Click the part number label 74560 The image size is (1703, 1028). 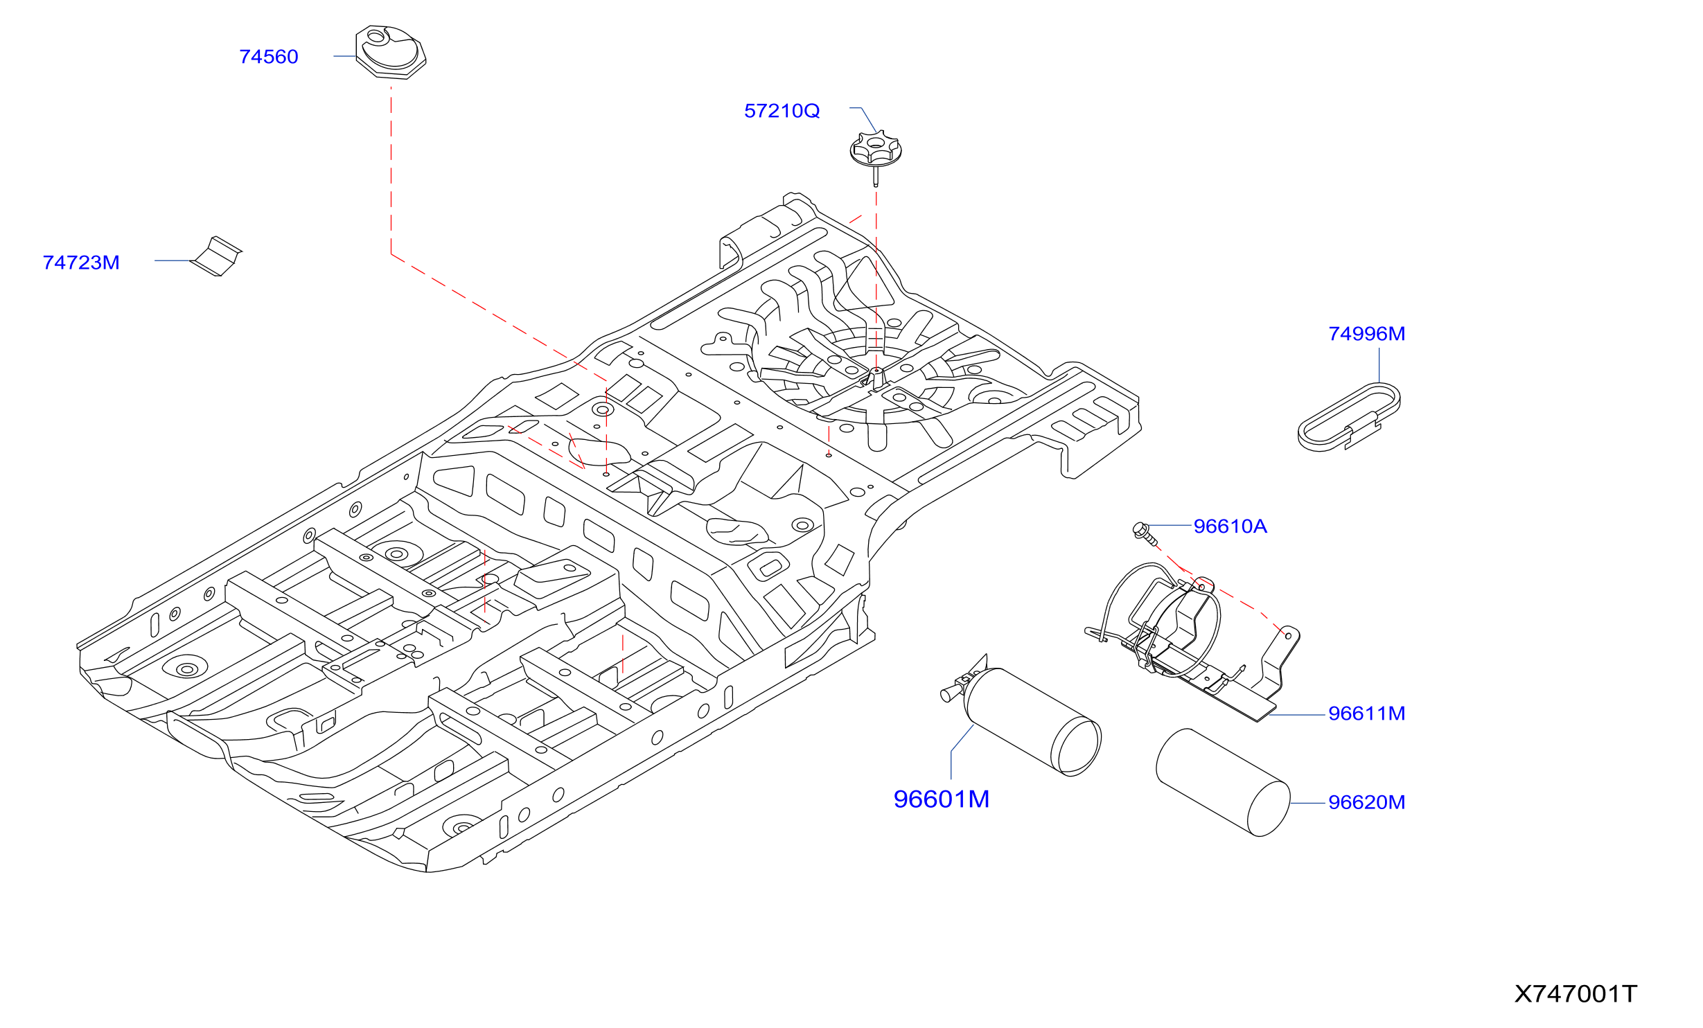[269, 57]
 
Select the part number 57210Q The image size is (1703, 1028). [782, 111]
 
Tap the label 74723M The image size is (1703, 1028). [81, 263]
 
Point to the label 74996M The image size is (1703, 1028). [1367, 334]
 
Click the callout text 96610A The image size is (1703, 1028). [1230, 526]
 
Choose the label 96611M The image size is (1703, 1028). [1367, 714]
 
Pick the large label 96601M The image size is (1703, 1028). [942, 799]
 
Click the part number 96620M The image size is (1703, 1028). [1367, 802]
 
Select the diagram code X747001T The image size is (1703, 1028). [1576, 994]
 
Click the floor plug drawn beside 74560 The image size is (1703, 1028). [391, 52]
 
